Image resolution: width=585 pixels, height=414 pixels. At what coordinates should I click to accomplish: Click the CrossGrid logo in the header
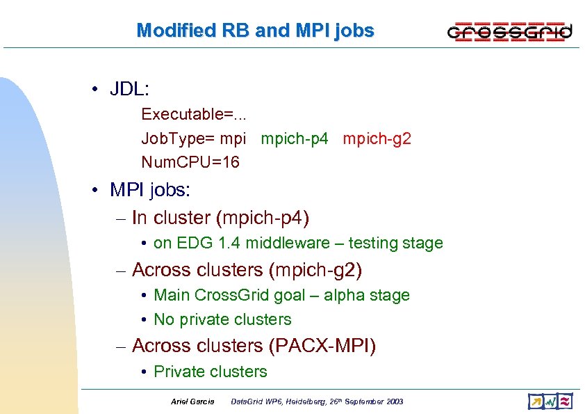click(509, 31)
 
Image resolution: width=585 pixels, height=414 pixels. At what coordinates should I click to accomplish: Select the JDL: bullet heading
click(130, 89)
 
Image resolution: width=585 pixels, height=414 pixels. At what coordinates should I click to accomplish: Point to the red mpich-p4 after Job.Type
click(294, 138)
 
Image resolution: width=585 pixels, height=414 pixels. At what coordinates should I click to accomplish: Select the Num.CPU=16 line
click(190, 162)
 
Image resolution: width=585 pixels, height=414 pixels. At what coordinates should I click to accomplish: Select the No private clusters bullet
click(222, 319)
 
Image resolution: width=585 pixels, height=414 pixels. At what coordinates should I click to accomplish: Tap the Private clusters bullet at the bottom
click(210, 372)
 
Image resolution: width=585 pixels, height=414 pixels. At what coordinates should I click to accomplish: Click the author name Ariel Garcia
click(192, 401)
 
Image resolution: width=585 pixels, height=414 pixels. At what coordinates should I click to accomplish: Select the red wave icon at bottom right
click(566, 401)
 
